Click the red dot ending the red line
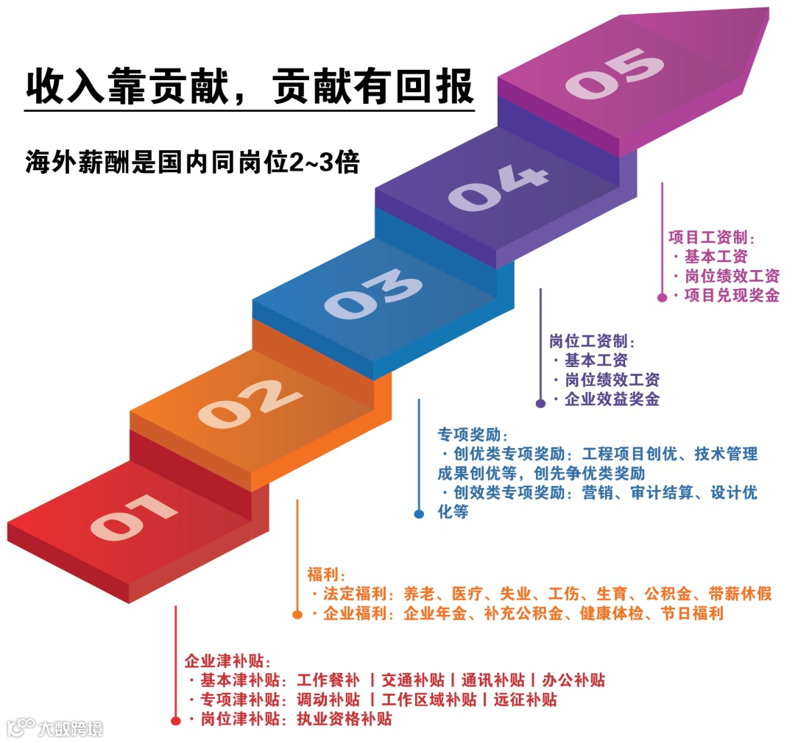point(175,721)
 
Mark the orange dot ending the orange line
point(297,614)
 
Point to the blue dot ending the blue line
point(419,514)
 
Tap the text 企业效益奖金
point(612,400)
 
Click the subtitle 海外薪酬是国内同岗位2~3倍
point(192,162)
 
